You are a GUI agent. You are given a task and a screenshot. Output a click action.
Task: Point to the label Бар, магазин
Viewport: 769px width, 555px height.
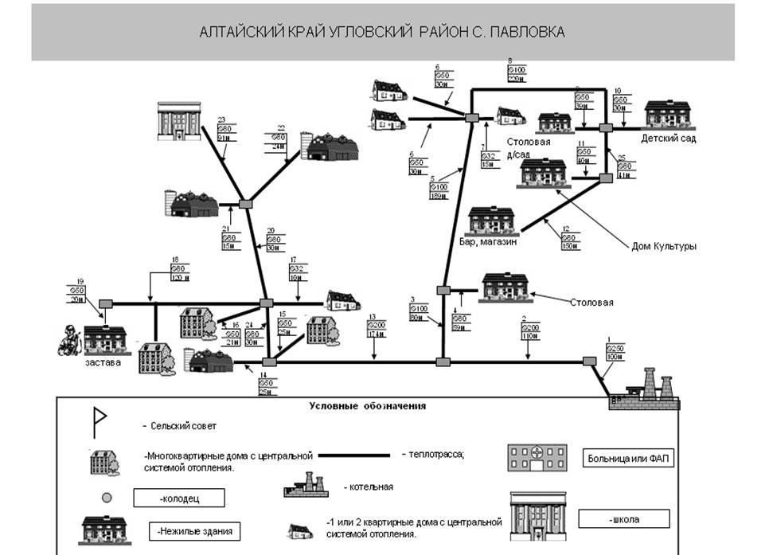pos(488,242)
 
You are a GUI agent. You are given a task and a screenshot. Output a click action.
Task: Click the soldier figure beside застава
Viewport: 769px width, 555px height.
pos(70,341)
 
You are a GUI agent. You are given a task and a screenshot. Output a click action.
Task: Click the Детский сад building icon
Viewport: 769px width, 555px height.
pos(669,115)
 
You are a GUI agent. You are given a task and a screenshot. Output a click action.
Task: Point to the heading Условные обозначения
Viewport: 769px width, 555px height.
pos(367,405)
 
